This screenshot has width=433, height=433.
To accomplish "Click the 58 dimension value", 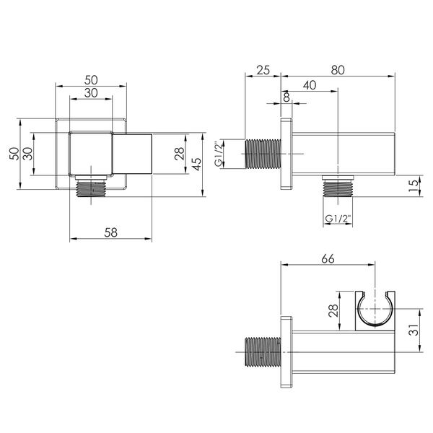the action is pyautogui.click(x=110, y=232).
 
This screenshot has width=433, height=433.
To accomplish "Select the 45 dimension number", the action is pyautogui.click(x=196, y=165).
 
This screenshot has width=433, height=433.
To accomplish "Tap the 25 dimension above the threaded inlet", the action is pyautogui.click(x=263, y=70).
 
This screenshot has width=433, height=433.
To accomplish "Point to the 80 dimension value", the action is pyautogui.click(x=338, y=70).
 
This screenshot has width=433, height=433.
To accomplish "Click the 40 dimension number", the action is pyautogui.click(x=310, y=85).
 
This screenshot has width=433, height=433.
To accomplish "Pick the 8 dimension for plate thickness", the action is pyautogui.click(x=287, y=97).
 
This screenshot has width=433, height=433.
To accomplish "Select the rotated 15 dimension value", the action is pyautogui.click(x=414, y=186).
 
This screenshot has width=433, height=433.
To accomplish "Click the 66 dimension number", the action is pyautogui.click(x=328, y=259).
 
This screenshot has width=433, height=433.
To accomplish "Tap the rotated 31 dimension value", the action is pyautogui.click(x=414, y=330).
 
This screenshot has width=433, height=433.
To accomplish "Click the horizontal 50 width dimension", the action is pyautogui.click(x=91, y=80).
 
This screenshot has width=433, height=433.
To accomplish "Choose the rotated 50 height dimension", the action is pyautogui.click(x=14, y=154).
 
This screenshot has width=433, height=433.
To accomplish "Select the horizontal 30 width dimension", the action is pyautogui.click(x=91, y=93).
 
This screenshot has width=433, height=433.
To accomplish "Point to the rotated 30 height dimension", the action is pyautogui.click(x=27, y=154).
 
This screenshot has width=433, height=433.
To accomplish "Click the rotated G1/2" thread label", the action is pyautogui.click(x=219, y=154).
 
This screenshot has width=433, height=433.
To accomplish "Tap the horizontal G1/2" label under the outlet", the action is pyautogui.click(x=338, y=219).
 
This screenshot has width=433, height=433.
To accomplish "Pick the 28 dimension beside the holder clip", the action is pyautogui.click(x=333, y=310).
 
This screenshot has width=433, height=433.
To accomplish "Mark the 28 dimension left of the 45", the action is pyautogui.click(x=180, y=154).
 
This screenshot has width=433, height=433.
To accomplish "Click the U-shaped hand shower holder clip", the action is pyautogui.click(x=375, y=310).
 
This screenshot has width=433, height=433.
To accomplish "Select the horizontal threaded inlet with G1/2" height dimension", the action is pyautogui.click(x=263, y=154).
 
